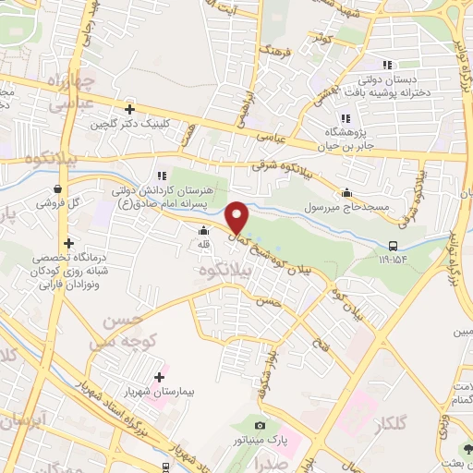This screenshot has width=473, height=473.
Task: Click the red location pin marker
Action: (x=238, y=216)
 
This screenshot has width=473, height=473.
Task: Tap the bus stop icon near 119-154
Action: (x=394, y=246)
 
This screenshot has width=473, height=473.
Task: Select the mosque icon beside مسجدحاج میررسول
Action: (x=346, y=192)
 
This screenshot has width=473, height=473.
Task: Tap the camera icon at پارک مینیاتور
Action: (x=260, y=425)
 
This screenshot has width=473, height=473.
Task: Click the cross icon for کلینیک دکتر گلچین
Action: (x=130, y=109)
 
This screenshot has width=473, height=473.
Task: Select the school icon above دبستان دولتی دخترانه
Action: (x=387, y=65)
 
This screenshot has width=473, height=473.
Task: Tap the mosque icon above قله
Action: (x=203, y=231)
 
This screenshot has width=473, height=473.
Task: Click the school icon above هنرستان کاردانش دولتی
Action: (x=162, y=175)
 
